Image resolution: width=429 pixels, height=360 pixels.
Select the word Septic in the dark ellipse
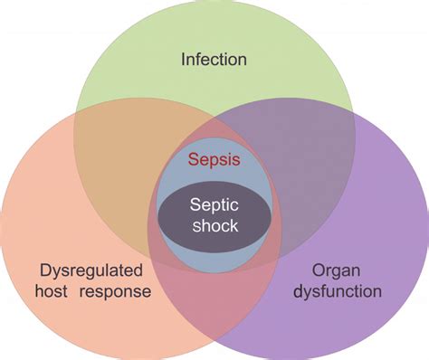(214, 206)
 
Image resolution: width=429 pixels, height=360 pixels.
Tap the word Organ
(337, 270)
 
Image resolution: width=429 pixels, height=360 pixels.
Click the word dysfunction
(337, 291)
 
